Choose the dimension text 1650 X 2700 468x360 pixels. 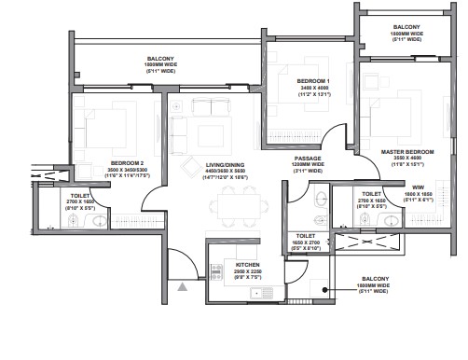(309, 243)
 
